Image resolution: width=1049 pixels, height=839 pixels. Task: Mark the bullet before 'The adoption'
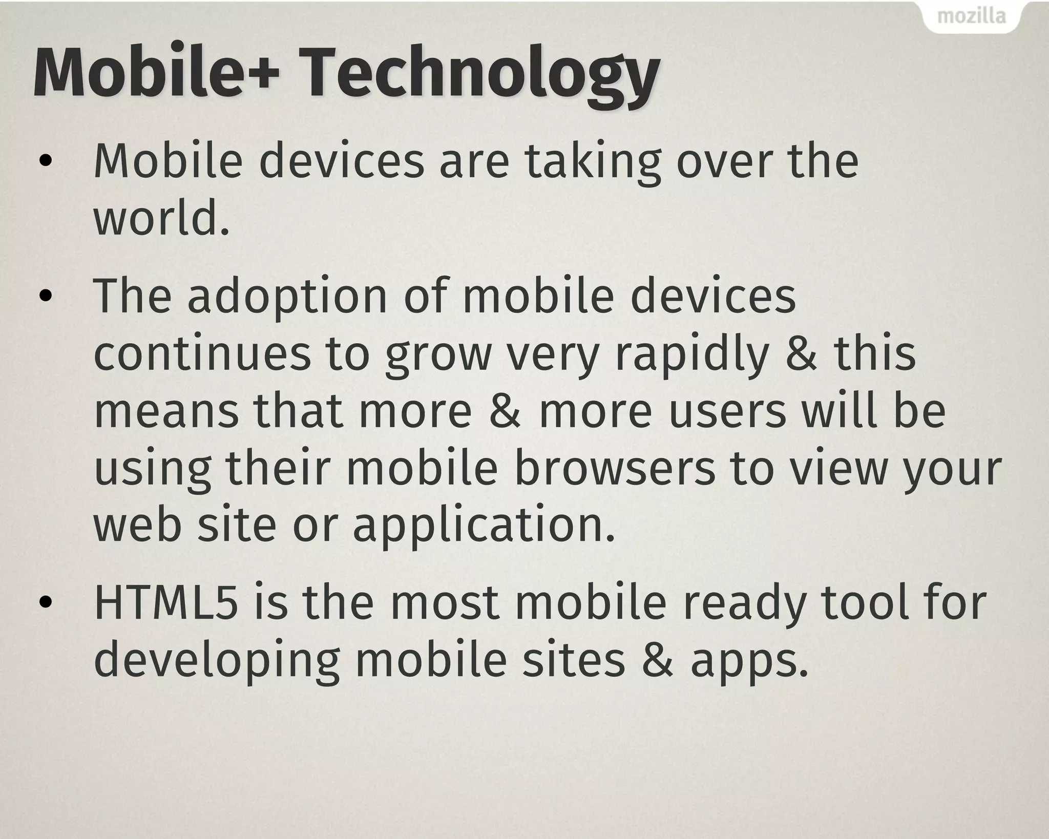click(x=46, y=297)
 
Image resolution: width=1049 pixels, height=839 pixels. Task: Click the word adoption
click(x=287, y=298)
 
